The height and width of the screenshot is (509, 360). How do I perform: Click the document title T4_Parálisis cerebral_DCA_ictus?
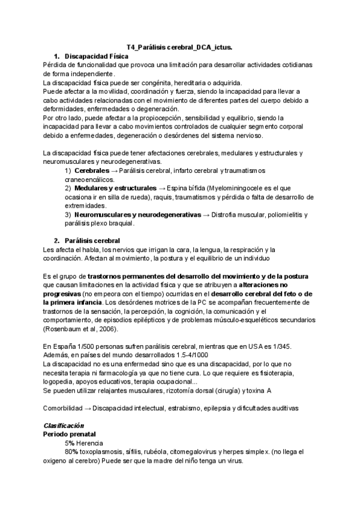click(180, 47)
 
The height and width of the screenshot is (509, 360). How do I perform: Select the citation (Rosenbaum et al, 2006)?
click(82, 330)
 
